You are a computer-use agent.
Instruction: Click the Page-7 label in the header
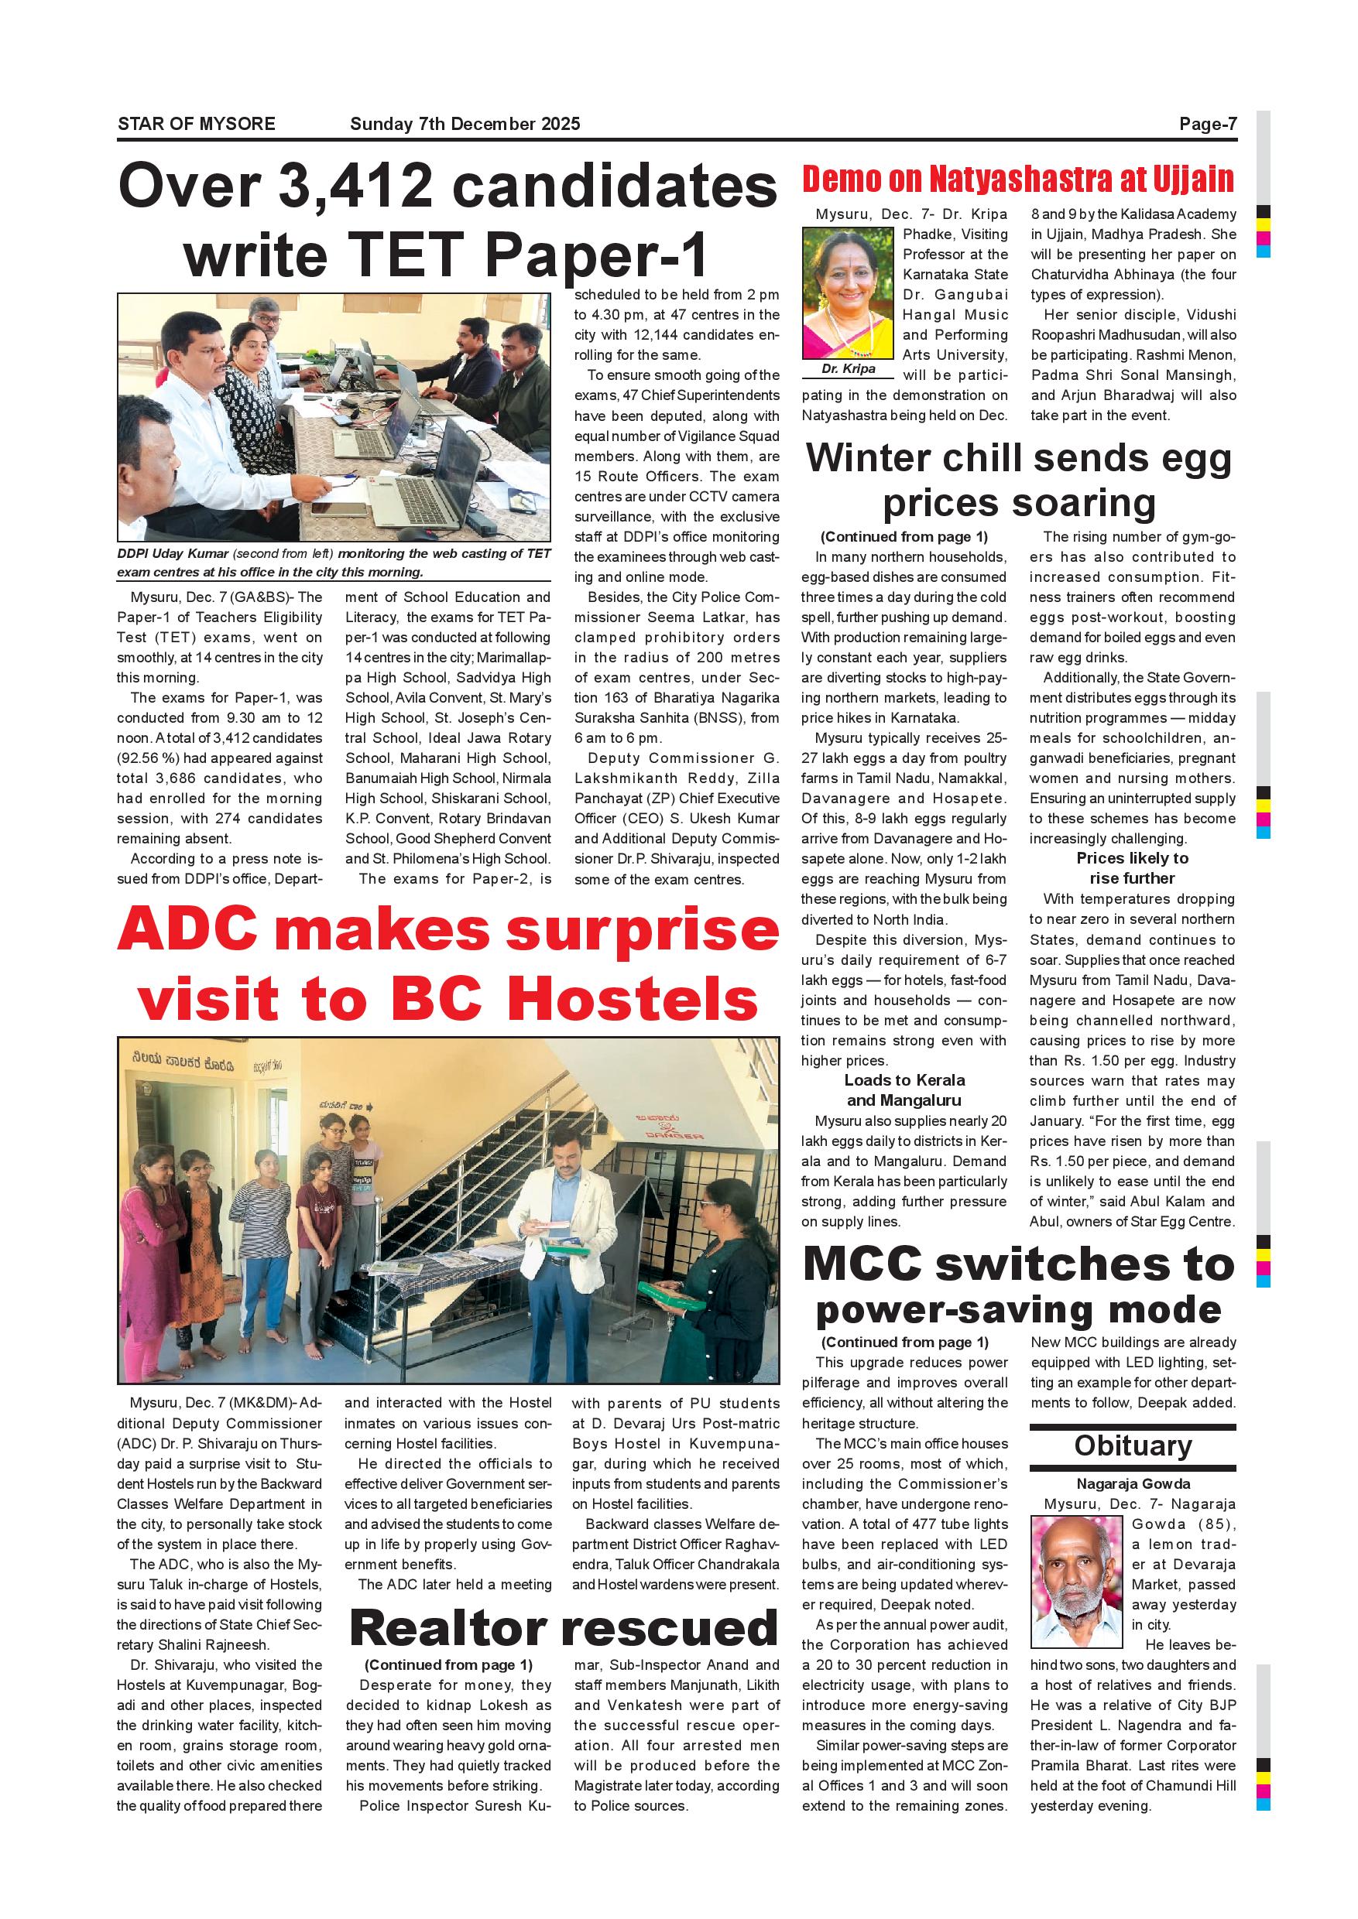1208,125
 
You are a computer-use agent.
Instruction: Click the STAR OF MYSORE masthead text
197,125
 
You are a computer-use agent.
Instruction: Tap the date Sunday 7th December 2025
465,125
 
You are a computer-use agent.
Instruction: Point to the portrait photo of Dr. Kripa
847,294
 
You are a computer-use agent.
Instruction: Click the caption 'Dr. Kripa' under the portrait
848,368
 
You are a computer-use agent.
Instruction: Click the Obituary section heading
1132,1446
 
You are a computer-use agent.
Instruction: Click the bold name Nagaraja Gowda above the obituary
1133,1483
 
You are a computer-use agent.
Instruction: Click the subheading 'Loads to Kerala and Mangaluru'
904,1090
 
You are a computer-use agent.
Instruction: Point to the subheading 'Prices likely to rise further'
1132,867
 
